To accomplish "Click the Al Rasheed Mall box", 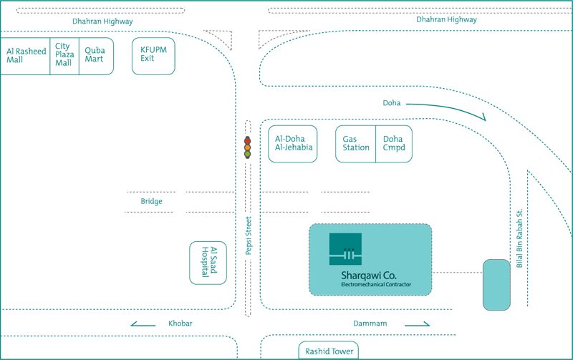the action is (x=25, y=57).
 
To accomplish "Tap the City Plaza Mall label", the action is (x=64, y=54).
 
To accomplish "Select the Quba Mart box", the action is (x=97, y=57).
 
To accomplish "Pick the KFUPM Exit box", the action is (x=153, y=57).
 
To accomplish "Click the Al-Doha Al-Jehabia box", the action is (x=293, y=144).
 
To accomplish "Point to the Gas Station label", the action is (x=356, y=143).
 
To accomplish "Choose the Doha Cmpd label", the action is (x=394, y=143).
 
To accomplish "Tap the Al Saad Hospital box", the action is (x=208, y=263).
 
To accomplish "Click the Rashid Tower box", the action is (x=329, y=350).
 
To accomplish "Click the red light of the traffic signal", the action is (x=247, y=141).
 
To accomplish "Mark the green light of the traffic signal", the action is (x=247, y=154).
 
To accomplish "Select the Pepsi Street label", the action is (x=249, y=235).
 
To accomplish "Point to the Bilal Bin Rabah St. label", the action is (x=519, y=238).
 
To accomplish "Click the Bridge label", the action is (x=152, y=201).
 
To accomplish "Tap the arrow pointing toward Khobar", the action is (x=143, y=323).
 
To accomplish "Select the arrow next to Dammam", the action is (x=418, y=323).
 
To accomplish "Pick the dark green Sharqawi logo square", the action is (x=345, y=249).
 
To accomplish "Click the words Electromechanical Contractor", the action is (x=376, y=284).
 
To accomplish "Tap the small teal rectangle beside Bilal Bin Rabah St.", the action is (x=496, y=285).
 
